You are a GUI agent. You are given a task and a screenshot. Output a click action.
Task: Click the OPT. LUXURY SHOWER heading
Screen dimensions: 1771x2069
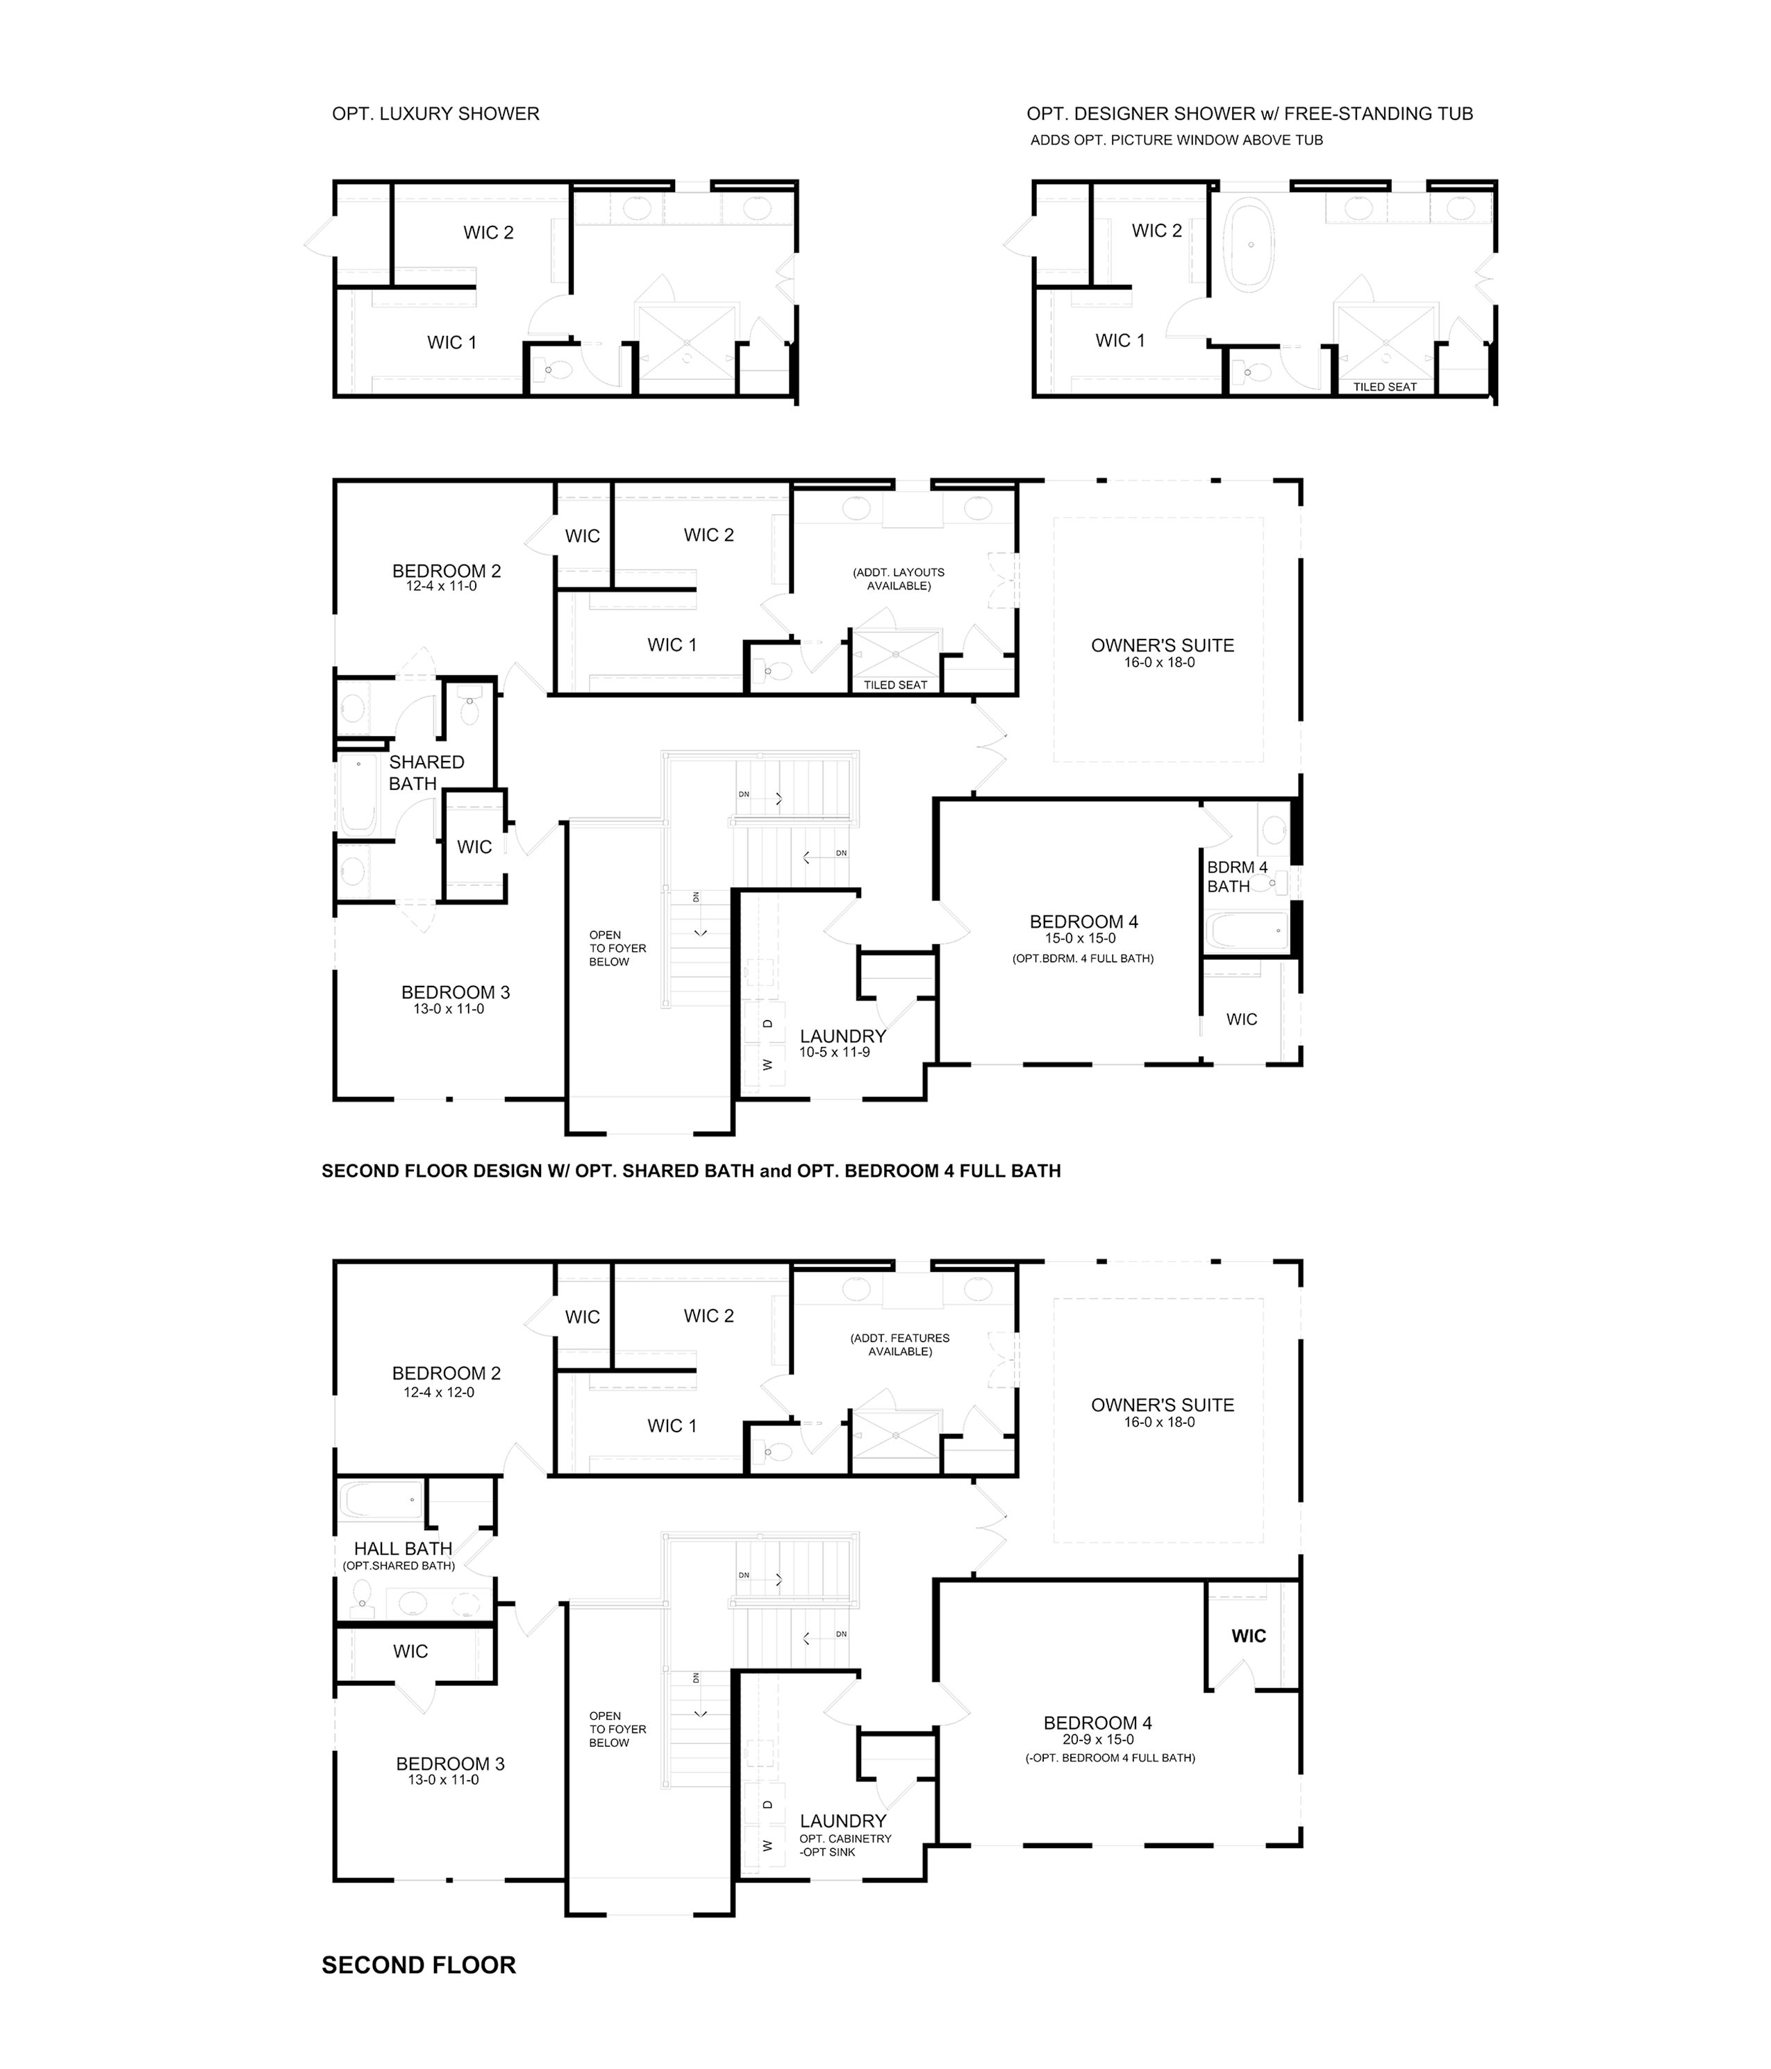(x=435, y=114)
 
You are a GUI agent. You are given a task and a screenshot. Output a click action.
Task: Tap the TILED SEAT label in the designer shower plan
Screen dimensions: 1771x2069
(x=1384, y=387)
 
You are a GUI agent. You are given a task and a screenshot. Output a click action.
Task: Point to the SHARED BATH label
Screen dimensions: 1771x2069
(x=426, y=773)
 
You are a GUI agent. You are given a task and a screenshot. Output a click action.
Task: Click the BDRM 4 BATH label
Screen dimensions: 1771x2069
(x=1237, y=877)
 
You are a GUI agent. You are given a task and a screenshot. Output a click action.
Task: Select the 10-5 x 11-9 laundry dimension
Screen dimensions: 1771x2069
(x=835, y=1053)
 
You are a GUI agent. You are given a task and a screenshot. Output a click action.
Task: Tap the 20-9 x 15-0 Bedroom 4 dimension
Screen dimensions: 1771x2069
(x=1098, y=1739)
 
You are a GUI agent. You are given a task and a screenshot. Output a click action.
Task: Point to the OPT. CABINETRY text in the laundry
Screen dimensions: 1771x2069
(x=845, y=1838)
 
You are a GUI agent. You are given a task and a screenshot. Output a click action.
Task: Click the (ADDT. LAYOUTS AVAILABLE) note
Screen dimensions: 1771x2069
(x=898, y=579)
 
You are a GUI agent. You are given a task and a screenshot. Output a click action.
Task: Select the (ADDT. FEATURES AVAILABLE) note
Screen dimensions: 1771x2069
(x=900, y=1345)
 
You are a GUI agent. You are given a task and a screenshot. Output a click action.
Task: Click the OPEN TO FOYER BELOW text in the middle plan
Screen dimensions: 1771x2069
(x=617, y=948)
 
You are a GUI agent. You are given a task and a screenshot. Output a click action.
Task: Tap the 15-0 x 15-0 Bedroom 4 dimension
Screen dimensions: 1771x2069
(x=1081, y=939)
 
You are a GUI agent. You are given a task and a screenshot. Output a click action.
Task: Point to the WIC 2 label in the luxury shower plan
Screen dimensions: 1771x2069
(x=488, y=233)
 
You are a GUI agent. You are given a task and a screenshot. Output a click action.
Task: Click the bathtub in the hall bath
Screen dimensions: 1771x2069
(x=383, y=1501)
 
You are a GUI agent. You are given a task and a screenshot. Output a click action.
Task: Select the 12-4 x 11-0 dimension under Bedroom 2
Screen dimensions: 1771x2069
(x=442, y=586)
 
